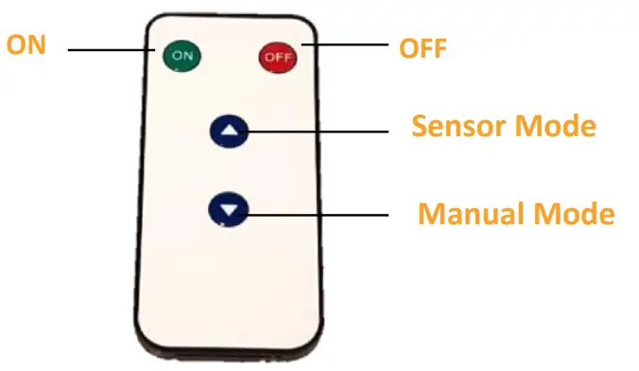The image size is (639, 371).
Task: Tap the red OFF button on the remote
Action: pyautogui.click(x=278, y=57)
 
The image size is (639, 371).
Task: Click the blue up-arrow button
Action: pyautogui.click(x=229, y=132)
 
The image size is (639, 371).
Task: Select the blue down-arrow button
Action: pyautogui.click(x=229, y=208)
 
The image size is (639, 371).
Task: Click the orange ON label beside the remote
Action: pyautogui.click(x=26, y=44)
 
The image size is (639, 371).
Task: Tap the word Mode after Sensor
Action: pyautogui.click(x=561, y=126)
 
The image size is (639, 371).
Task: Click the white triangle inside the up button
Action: pyautogui.click(x=229, y=131)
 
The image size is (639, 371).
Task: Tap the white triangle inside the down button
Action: pyautogui.click(x=229, y=208)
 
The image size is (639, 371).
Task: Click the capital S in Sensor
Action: pyautogui.click(x=420, y=126)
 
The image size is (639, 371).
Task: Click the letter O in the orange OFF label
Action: pyautogui.click(x=406, y=46)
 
